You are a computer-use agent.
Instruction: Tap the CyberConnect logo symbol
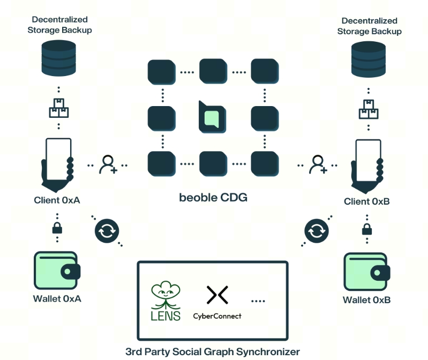[x=217, y=295]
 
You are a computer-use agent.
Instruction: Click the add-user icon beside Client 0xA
[x=108, y=164]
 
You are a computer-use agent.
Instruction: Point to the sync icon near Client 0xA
[x=106, y=231]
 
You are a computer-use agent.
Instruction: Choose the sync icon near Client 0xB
[x=316, y=231]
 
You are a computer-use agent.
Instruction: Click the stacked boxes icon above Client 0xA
[x=58, y=109]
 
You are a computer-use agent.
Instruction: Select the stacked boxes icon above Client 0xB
[x=368, y=109]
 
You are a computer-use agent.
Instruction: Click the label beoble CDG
[x=213, y=198]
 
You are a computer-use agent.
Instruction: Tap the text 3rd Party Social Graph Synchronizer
[x=213, y=352]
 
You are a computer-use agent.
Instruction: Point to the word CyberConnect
[x=217, y=316]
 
